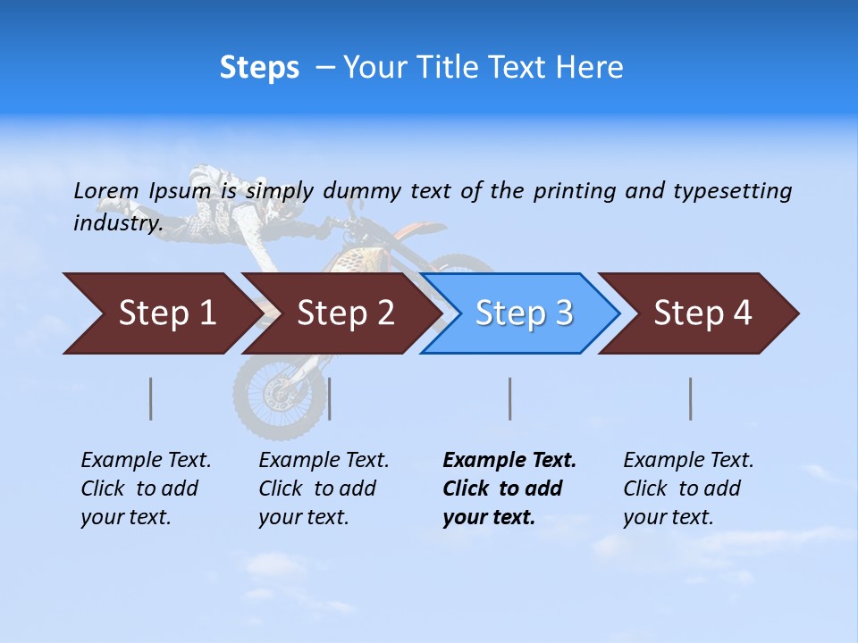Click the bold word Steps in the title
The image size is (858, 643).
[259, 68]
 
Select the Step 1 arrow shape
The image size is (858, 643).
[161, 313]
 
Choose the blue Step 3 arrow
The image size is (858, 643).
[521, 313]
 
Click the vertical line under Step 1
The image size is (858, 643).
[151, 398]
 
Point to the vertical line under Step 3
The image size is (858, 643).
[509, 398]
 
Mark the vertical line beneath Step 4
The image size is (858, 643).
[690, 398]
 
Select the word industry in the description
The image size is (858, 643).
[117, 223]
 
